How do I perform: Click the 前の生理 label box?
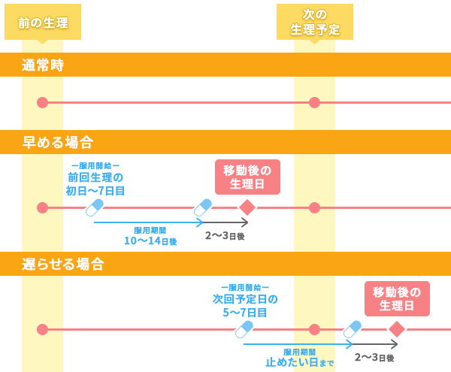[x=43, y=23]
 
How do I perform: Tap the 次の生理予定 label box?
[x=315, y=23]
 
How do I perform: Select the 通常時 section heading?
[x=43, y=65]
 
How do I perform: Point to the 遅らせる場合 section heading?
[x=63, y=265]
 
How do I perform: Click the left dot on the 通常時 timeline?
[x=42, y=102]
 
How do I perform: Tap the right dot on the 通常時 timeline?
[x=314, y=102]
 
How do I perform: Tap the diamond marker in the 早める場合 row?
[x=247, y=207]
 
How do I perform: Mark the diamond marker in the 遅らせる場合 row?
[x=397, y=329]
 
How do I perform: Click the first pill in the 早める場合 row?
[x=94, y=207]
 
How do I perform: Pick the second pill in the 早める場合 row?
[x=203, y=207]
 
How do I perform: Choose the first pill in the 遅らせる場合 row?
[x=244, y=329]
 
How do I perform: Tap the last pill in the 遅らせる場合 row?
[x=352, y=329]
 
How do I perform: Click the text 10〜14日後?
[x=150, y=241]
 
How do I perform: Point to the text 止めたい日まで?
[x=300, y=362]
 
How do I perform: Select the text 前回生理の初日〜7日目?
[x=95, y=184]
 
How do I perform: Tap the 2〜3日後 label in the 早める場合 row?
[x=225, y=236]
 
